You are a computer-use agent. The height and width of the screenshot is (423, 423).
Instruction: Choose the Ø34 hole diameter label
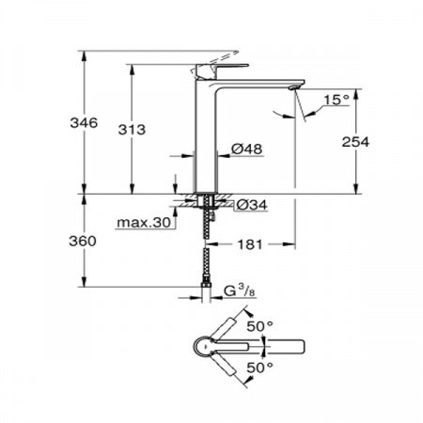point(248,204)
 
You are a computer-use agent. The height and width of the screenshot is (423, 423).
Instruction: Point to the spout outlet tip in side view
point(298,88)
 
